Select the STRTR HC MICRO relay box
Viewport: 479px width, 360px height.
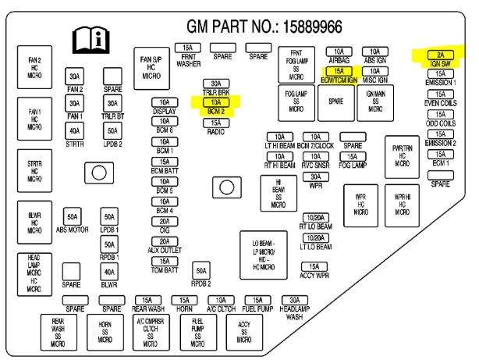coord(35,170)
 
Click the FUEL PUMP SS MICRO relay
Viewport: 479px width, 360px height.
coord(198,331)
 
